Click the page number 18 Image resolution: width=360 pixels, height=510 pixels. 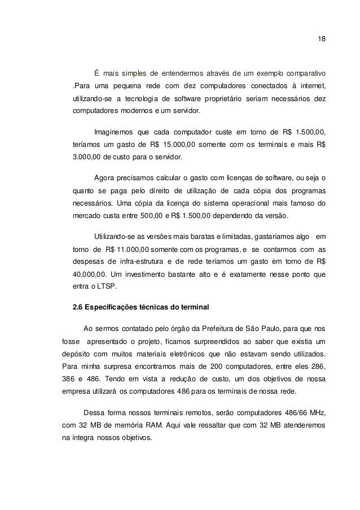(x=322, y=39)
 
